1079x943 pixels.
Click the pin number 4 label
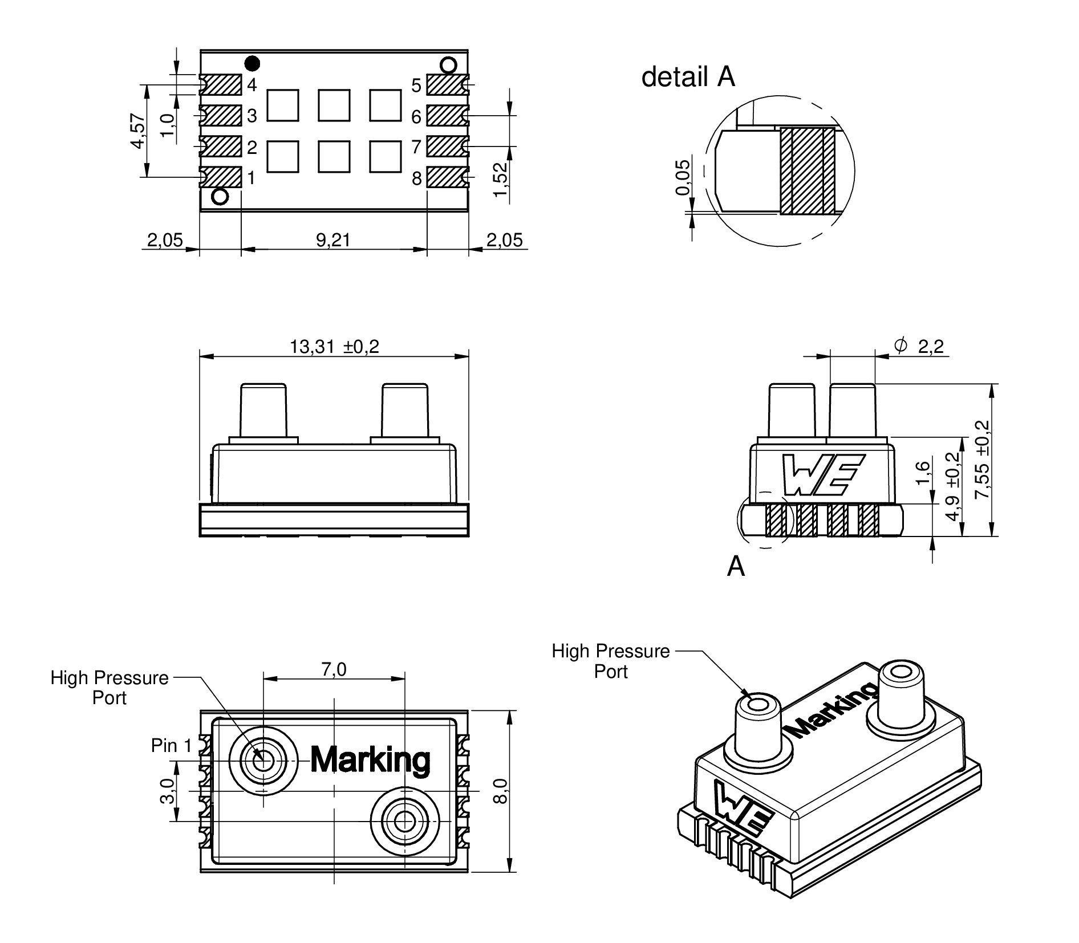coord(252,85)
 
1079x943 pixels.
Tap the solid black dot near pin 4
coord(252,62)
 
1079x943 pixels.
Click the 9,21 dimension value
coord(333,240)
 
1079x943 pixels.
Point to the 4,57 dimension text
coord(138,131)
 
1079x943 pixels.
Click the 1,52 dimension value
coord(500,179)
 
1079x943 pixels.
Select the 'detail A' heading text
coord(688,77)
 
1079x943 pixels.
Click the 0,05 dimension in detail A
coord(682,177)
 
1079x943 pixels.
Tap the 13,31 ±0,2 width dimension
coord(334,347)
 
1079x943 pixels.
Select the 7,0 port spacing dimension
coord(334,669)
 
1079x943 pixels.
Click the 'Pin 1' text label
coord(172,745)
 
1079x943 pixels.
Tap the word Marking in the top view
coord(370,759)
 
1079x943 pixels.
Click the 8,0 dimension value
coord(500,791)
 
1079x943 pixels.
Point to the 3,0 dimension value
coord(167,792)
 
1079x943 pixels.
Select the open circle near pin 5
coord(449,65)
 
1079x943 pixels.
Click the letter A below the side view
coord(736,567)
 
